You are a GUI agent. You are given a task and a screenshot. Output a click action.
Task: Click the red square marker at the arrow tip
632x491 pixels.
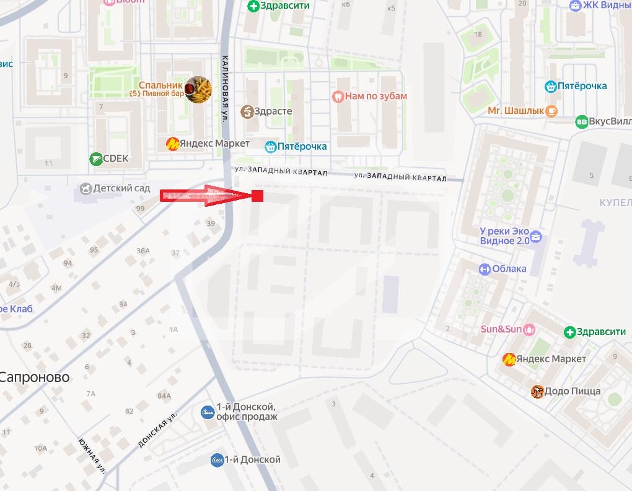pyautogui.click(x=258, y=196)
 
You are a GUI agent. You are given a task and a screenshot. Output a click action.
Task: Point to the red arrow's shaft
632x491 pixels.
pyautogui.click(x=192, y=196)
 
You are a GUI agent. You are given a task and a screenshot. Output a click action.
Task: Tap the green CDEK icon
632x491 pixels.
pyautogui.click(x=96, y=159)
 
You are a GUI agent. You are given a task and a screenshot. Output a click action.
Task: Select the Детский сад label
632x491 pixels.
pyautogui.click(x=121, y=188)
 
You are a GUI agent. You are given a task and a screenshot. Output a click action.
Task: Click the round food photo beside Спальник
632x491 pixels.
pyautogui.click(x=198, y=90)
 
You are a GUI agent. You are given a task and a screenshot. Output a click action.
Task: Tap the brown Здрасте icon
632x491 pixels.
pyautogui.click(x=247, y=111)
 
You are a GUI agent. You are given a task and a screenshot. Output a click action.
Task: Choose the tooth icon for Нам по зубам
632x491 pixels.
pyautogui.click(x=338, y=96)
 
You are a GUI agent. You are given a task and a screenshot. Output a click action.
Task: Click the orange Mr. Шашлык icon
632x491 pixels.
pyautogui.click(x=551, y=111)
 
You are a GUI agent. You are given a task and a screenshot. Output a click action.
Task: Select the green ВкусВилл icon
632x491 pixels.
pyautogui.click(x=581, y=121)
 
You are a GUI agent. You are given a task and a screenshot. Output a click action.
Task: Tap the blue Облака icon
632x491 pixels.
pyautogui.click(x=485, y=269)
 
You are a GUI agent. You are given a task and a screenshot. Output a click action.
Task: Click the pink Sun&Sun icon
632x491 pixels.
pyautogui.click(x=529, y=329)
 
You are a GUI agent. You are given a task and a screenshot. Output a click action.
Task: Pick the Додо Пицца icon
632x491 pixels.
pyautogui.click(x=537, y=391)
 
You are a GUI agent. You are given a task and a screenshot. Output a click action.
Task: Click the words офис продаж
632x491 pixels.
pyautogui.click(x=247, y=417)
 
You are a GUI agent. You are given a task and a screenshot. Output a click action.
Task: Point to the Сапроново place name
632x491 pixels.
pyautogui.click(x=34, y=377)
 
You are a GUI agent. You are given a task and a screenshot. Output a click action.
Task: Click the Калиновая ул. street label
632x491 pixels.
pyautogui.click(x=225, y=87)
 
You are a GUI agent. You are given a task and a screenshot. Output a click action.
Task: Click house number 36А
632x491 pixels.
pyautogui.click(x=143, y=251)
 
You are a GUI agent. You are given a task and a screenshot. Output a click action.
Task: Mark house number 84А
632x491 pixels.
pyautogui.click(x=164, y=396)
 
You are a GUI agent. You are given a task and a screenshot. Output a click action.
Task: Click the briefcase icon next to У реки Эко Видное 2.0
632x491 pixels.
pyautogui.click(x=536, y=236)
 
